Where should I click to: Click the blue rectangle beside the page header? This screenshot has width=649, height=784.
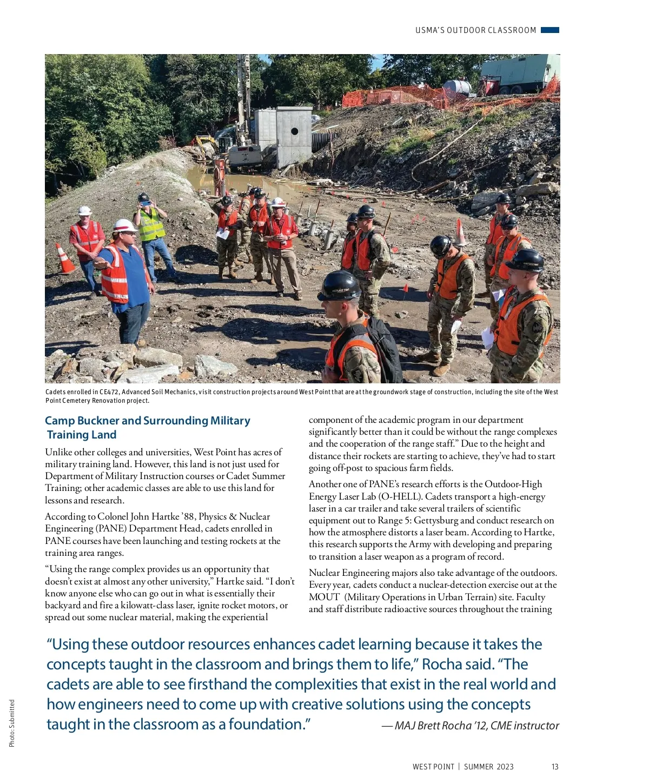point(549,30)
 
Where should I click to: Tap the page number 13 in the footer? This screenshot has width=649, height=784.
point(555,767)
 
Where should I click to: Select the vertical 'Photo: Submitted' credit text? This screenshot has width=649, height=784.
point(12,723)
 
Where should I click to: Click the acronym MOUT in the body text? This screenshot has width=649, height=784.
point(324,597)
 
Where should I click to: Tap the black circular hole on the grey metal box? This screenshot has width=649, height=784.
point(294,131)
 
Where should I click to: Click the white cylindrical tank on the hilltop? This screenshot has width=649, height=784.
point(457,86)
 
